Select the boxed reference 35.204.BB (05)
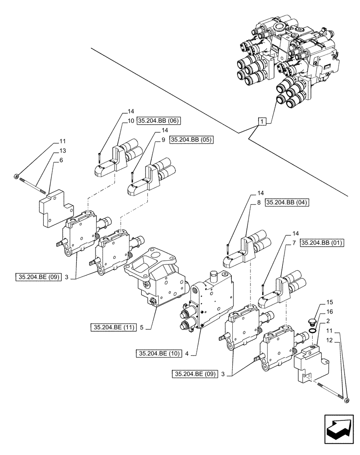point(191,140)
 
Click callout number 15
point(330,302)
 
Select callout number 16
point(330,312)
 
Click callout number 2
point(328,321)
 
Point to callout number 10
point(130,121)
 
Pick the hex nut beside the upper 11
point(17,175)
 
